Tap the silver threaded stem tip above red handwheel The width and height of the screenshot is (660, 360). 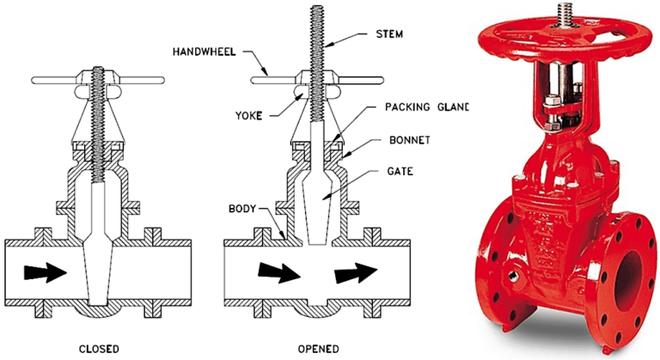562,12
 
